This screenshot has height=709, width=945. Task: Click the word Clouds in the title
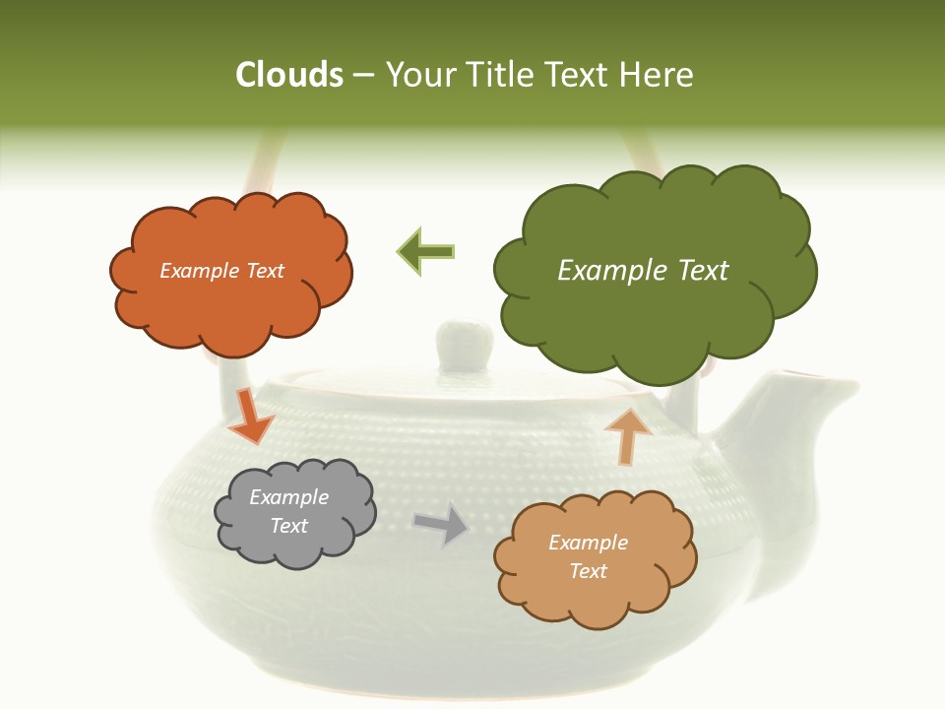pyautogui.click(x=289, y=75)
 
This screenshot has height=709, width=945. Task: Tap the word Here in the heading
pyautogui.click(x=658, y=75)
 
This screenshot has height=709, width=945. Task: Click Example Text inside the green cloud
pyautogui.click(x=643, y=270)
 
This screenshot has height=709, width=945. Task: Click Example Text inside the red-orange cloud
pyautogui.click(x=221, y=270)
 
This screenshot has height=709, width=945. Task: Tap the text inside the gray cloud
pyautogui.click(x=288, y=511)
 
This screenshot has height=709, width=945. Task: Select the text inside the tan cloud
pyautogui.click(x=588, y=556)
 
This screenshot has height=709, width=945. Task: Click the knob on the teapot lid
pyautogui.click(x=464, y=343)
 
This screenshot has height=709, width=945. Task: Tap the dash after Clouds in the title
pyautogui.click(x=363, y=75)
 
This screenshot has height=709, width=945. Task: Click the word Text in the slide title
pyautogui.click(x=579, y=75)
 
